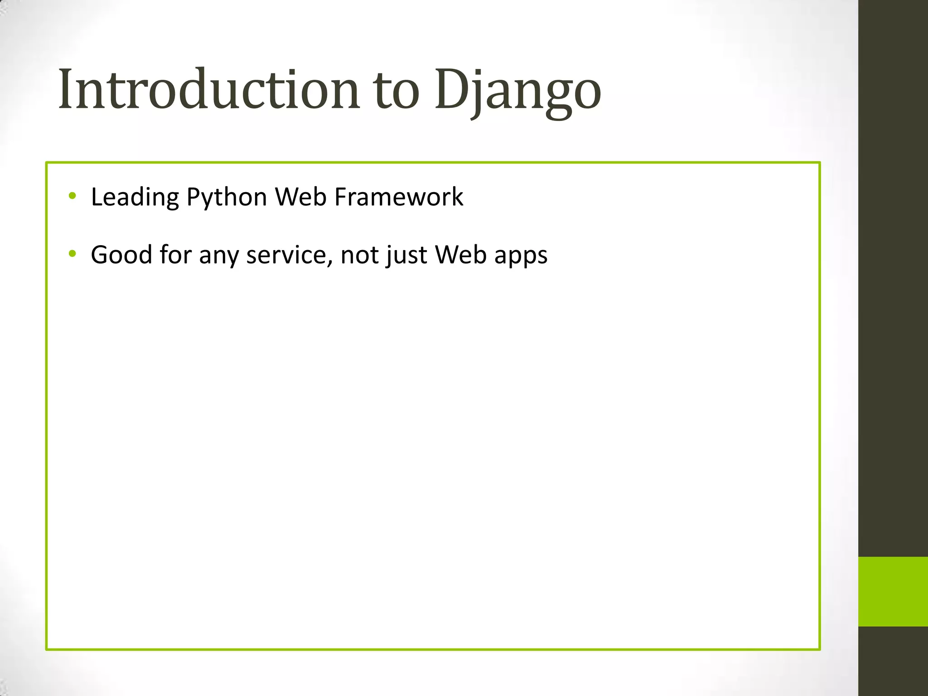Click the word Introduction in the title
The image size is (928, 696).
click(x=209, y=89)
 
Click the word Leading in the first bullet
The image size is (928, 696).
click(x=135, y=198)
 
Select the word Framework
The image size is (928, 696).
click(x=399, y=197)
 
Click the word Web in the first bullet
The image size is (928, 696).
click(x=301, y=197)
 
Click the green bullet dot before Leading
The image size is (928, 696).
click(x=72, y=196)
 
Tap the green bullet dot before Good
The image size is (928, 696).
click(x=72, y=254)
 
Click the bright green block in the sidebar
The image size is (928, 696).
click(x=893, y=591)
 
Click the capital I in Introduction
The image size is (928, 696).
click(x=66, y=89)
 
